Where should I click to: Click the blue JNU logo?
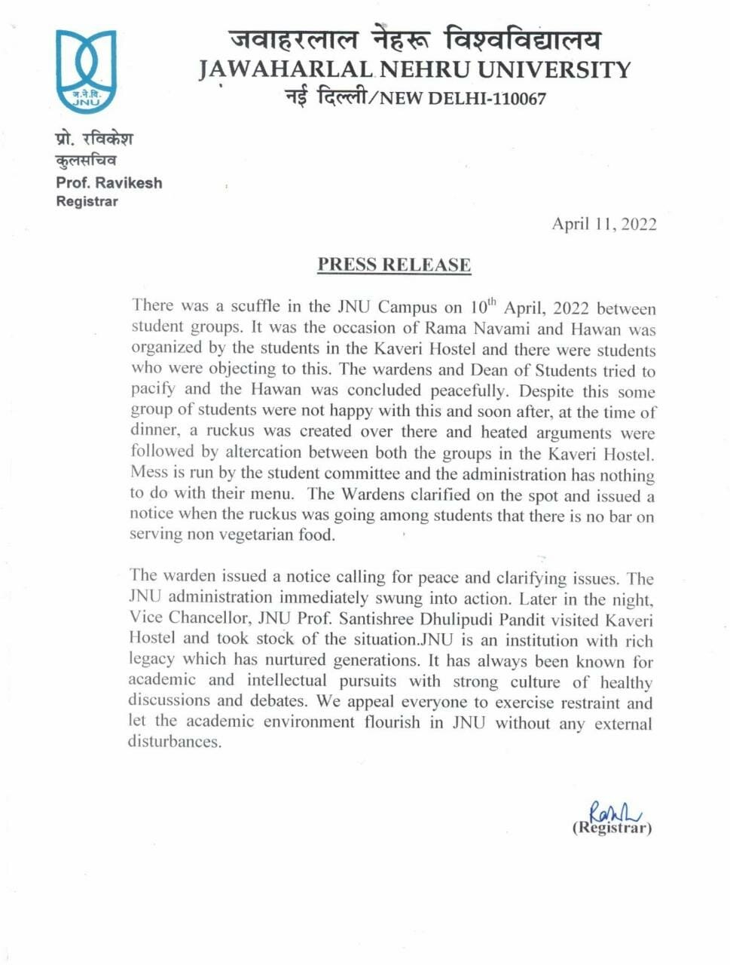click(x=87, y=72)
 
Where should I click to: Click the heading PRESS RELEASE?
click(x=394, y=265)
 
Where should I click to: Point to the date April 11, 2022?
click(x=603, y=224)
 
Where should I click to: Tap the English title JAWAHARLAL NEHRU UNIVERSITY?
click(x=414, y=70)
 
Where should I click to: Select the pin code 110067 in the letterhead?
click(x=516, y=98)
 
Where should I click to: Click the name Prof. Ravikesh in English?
click(x=108, y=182)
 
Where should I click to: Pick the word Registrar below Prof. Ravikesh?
click(x=87, y=201)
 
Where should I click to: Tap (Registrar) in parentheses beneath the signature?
click(x=612, y=828)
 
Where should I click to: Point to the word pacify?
click(x=153, y=389)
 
